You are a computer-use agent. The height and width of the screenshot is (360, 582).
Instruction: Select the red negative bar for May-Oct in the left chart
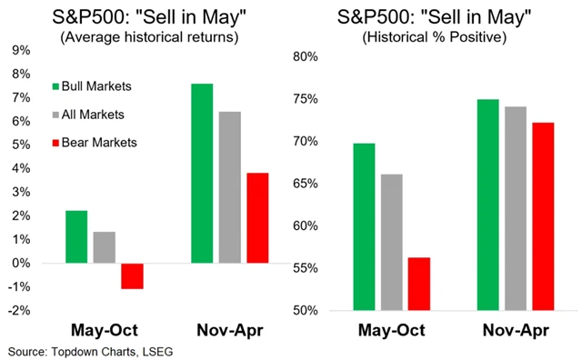[133, 276]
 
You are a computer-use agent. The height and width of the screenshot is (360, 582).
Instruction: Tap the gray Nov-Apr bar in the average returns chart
[230, 188]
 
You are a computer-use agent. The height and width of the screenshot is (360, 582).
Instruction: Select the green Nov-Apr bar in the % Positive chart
[488, 205]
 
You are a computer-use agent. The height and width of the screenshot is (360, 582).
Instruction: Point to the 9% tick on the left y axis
[20, 51]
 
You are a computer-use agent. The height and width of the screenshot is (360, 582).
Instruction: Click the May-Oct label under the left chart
[104, 330]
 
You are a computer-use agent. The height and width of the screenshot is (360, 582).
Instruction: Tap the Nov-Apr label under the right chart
[516, 330]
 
